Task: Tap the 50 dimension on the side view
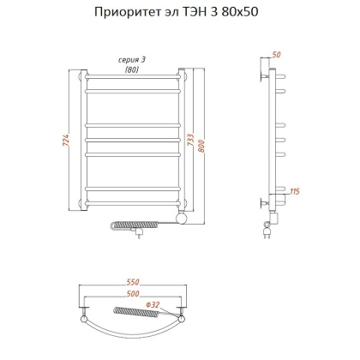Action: tap(276, 55)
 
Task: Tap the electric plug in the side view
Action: tap(267, 230)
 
